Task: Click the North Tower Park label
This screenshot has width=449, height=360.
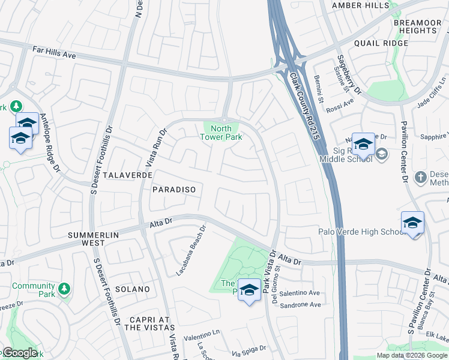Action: [x=221, y=133]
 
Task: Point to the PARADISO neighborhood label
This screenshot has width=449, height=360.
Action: [x=173, y=189]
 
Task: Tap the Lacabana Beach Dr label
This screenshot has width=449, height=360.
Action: [x=191, y=251]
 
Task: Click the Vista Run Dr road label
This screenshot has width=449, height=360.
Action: [x=155, y=148]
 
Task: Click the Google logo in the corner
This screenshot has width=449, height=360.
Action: [x=19, y=353]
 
